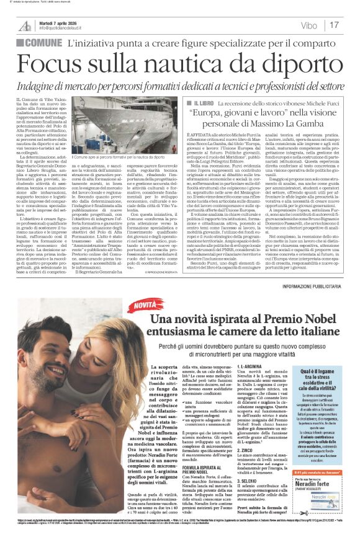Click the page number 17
pos(335,25)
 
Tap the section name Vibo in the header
pos(308,25)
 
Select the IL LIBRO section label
pos(204,104)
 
